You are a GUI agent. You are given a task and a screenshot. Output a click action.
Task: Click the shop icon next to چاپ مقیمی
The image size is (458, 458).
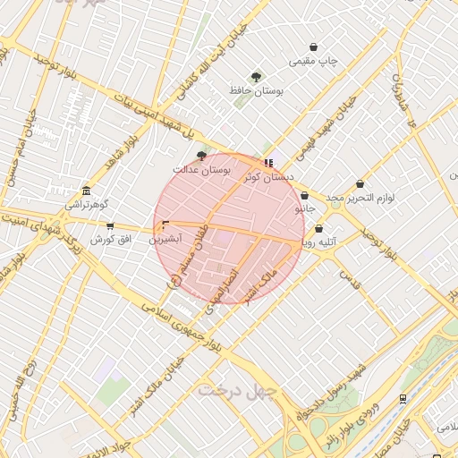[313, 47]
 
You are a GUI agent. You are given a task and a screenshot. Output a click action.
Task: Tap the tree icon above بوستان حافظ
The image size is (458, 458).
[257, 77]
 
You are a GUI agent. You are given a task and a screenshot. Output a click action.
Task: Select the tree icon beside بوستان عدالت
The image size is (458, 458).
[201, 154]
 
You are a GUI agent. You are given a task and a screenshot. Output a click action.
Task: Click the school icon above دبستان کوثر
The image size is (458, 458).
[269, 163]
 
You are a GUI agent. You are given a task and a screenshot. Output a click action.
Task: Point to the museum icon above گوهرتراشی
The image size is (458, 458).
[86, 191]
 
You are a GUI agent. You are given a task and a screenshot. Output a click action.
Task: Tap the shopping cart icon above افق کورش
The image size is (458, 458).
[110, 226]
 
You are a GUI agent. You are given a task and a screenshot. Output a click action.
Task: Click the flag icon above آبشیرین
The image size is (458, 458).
[165, 225]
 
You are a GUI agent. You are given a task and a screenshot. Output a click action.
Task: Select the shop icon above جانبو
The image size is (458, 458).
[305, 195]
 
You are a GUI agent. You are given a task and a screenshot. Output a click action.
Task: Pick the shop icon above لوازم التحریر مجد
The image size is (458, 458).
[360, 183]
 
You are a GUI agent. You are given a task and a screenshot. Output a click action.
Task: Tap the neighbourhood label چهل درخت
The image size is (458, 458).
[239, 390]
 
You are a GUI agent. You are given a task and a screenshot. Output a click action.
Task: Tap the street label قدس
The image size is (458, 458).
[349, 281]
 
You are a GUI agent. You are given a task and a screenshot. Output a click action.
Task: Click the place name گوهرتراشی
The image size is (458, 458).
[87, 205]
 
